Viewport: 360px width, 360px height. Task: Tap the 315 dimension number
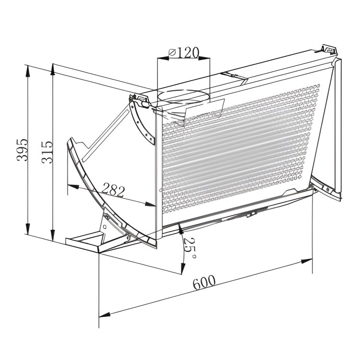(47, 153)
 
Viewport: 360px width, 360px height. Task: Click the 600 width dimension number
(204, 282)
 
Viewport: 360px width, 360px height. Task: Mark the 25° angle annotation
(190, 248)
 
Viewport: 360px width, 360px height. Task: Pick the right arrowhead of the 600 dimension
(307, 261)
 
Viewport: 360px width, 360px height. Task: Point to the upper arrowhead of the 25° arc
(180, 230)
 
